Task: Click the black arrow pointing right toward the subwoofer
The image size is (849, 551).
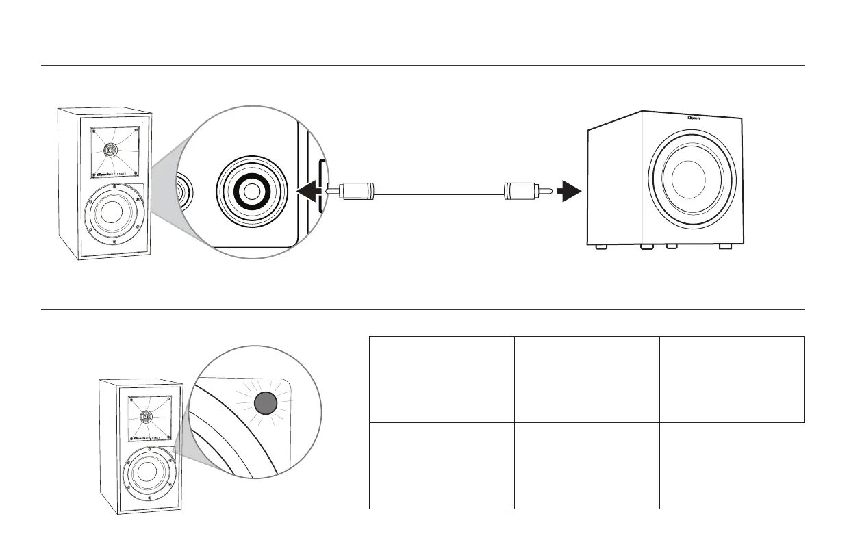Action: click(x=568, y=192)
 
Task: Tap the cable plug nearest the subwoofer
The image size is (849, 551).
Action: click(x=520, y=192)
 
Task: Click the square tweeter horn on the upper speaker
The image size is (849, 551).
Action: click(x=113, y=151)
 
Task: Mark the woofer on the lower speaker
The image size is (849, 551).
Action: click(x=147, y=474)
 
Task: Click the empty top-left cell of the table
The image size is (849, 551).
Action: click(x=442, y=379)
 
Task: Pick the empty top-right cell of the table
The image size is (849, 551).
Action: click(x=732, y=379)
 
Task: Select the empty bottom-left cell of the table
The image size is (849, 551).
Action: click(x=442, y=465)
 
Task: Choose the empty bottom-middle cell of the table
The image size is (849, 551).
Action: click(x=587, y=465)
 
